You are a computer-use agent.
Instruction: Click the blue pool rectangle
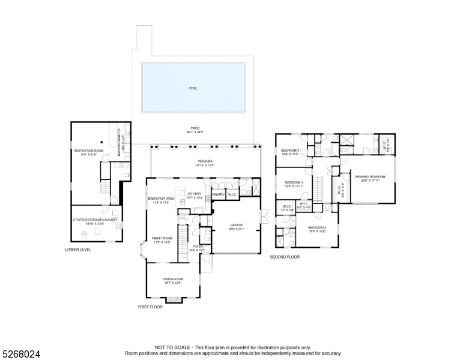pyautogui.click(x=193, y=88)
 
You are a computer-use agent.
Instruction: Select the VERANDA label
pyautogui.click(x=206, y=162)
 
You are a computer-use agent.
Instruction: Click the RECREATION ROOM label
pyautogui.click(x=89, y=151)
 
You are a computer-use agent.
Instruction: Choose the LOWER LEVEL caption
pyautogui.click(x=78, y=249)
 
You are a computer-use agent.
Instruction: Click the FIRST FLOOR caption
pyautogui.click(x=150, y=307)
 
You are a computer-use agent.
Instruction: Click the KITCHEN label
pyautogui.click(x=195, y=194)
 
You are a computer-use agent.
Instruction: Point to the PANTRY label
pyautogui.click(x=218, y=194)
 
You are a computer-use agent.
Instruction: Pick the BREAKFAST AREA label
pyautogui.click(x=161, y=199)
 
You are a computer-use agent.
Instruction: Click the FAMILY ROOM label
pyautogui.click(x=162, y=238)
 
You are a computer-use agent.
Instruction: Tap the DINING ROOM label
pyautogui.click(x=173, y=279)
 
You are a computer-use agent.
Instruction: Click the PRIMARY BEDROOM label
pyautogui.click(x=369, y=177)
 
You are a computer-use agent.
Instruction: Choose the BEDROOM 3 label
pyautogui.click(x=290, y=150)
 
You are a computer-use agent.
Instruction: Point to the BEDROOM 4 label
pyautogui.click(x=294, y=182)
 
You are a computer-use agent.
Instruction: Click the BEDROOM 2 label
pyautogui.click(x=316, y=228)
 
